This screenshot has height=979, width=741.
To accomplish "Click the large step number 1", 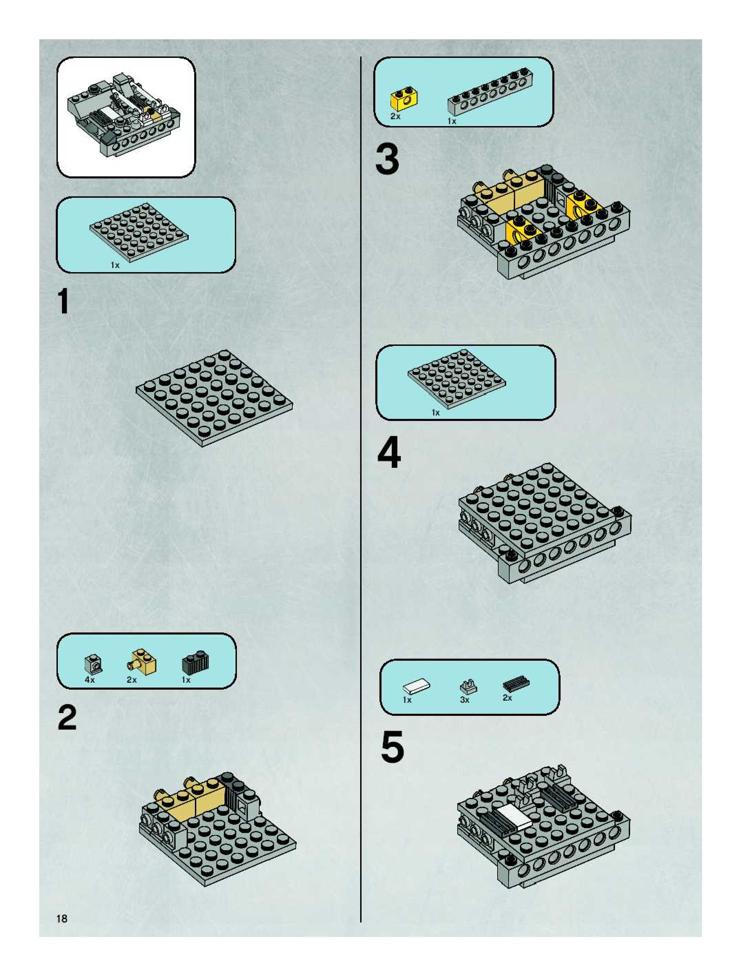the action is pos(64,301).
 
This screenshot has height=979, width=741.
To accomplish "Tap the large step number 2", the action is pos(67,718).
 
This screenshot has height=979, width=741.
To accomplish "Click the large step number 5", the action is pos(393,748).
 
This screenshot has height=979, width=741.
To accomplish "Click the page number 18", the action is pos(62,919).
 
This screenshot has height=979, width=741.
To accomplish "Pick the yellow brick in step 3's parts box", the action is pos(404,101).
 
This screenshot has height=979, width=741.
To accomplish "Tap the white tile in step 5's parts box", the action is pos(416,687).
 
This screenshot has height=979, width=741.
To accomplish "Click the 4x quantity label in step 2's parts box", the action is pos(90,679).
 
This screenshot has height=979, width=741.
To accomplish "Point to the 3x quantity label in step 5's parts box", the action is pos(465,700).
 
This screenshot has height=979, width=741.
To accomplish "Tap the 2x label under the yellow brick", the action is pos(395,116).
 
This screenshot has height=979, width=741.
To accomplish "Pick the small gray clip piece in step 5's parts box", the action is pos(467,687).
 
